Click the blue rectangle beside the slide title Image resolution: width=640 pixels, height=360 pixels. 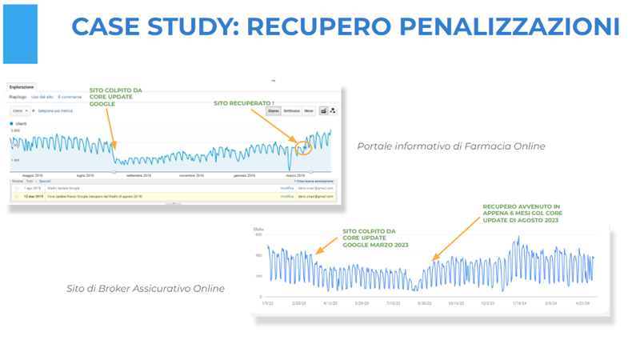click(20, 34)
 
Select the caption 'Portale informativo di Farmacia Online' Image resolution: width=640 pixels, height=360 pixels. click(451, 146)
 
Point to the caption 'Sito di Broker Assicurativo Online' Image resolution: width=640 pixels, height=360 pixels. click(145, 288)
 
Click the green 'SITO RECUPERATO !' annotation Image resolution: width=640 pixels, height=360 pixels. click(243, 103)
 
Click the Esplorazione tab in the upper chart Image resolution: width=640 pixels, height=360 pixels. click(22, 86)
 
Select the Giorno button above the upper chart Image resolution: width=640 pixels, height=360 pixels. click(273, 111)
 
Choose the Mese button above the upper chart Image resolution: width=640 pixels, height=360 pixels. click(308, 111)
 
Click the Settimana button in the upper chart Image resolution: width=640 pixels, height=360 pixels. click(291, 111)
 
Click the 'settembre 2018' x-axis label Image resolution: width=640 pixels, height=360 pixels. click(134, 174)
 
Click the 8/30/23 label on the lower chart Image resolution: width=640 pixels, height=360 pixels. click(425, 304)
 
